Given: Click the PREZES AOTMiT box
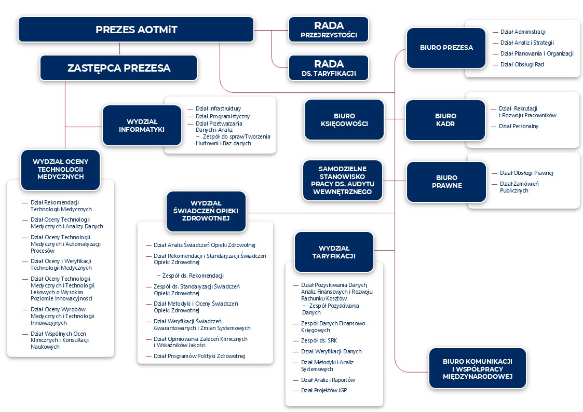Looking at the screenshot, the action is tap(136, 30).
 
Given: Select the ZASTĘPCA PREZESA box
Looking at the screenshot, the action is tap(118, 68).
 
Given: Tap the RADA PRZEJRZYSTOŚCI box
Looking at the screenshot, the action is tap(329, 30).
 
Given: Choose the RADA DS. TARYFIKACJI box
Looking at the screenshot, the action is tap(329, 68).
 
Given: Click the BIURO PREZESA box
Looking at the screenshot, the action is tap(446, 48).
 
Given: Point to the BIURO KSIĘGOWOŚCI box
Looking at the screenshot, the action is tap(344, 120).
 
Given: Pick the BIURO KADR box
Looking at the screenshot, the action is tap(445, 120).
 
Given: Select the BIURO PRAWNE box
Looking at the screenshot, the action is tap(446, 182).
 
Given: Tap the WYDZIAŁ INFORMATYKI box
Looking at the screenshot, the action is tap(142, 126).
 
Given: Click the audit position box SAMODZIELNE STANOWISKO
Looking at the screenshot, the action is tap(343, 181).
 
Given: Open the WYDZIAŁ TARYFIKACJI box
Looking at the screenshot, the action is tap(334, 252).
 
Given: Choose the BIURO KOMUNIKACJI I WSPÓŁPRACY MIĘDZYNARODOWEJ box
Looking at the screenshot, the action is tap(478, 368).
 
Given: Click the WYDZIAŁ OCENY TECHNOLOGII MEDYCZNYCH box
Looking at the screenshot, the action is tap(61, 170).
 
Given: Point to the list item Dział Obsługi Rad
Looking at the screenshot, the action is tap(522, 65).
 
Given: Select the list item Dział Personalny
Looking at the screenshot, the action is tap(518, 126).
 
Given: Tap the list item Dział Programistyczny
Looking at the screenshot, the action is tap(223, 116).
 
